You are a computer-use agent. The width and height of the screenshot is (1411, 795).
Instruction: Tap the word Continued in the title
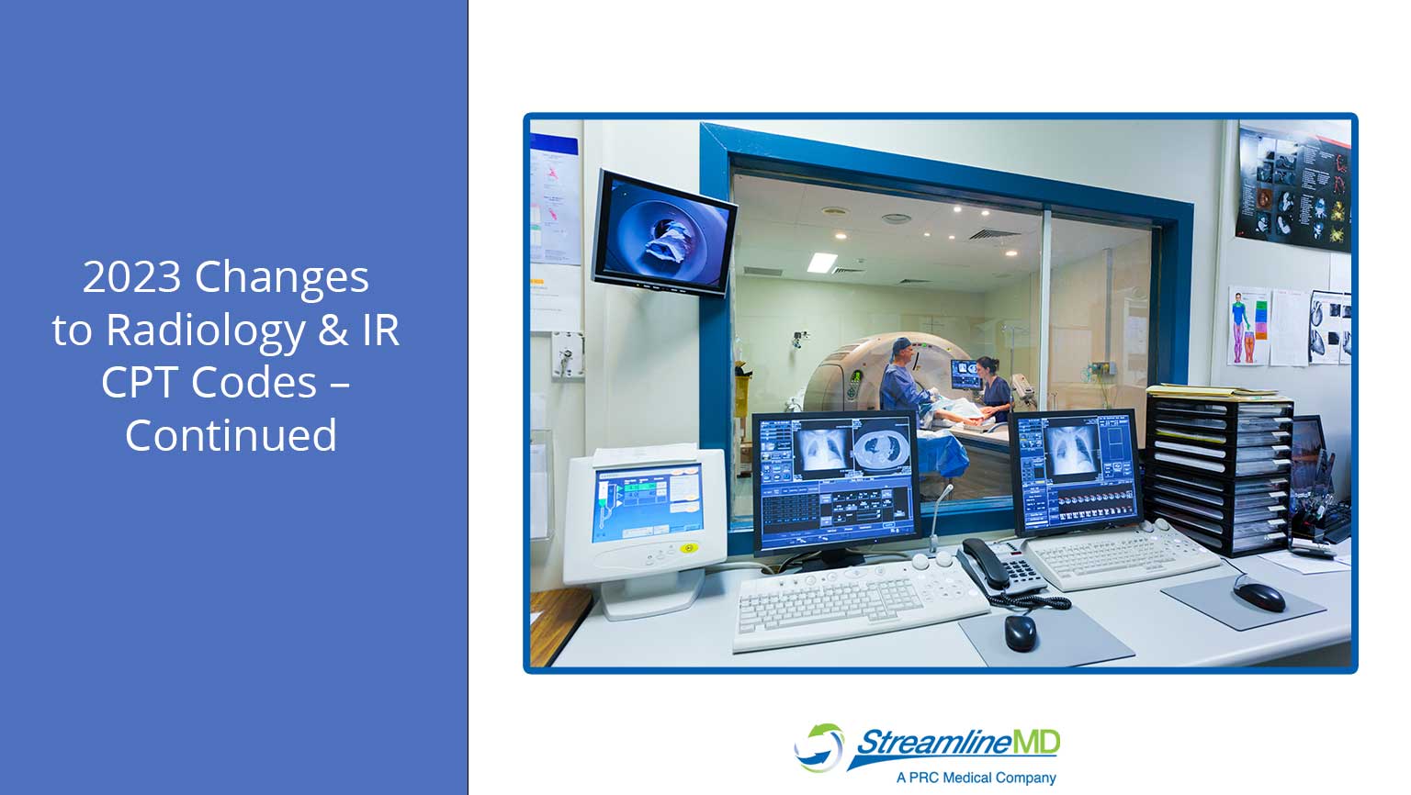231,435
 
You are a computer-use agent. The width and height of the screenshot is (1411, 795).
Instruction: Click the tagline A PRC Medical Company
976,778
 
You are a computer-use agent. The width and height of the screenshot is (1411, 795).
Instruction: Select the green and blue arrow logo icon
818,746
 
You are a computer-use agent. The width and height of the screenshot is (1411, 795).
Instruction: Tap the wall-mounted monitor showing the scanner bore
663,232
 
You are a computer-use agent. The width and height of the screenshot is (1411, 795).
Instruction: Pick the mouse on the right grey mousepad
1259,596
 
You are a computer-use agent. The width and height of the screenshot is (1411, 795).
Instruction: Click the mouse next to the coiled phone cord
1020,633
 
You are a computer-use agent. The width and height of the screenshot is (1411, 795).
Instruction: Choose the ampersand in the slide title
333,330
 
